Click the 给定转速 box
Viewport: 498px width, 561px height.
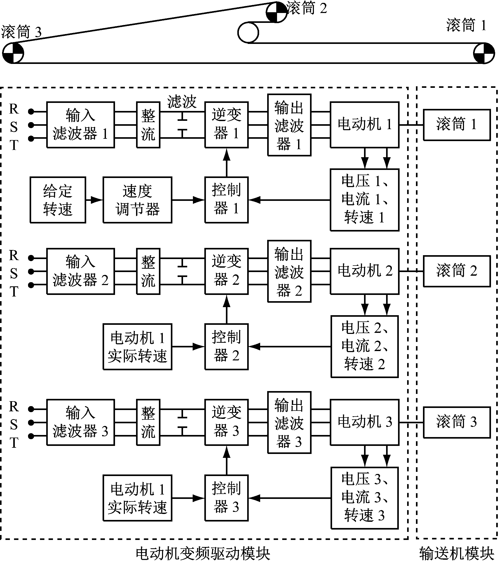(58, 200)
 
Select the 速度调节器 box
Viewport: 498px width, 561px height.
(137, 200)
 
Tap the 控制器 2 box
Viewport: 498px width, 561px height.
(226, 347)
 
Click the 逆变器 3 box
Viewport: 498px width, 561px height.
(226, 422)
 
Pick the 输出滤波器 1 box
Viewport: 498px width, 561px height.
(289, 125)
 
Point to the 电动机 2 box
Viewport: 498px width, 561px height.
(365, 271)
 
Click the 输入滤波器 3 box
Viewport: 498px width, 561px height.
(80, 422)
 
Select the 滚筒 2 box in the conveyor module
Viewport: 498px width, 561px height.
(457, 271)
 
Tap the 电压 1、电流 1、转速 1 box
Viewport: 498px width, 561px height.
(365, 200)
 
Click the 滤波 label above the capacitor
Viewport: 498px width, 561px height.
(182, 102)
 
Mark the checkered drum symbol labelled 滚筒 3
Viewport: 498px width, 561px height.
(13, 53)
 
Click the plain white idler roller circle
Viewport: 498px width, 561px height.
(248, 32)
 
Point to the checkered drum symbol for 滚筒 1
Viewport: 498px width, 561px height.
(484, 53)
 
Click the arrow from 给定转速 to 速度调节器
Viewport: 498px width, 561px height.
(94, 200)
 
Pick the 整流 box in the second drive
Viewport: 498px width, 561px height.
(148, 271)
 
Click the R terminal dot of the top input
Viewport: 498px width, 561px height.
(31, 111)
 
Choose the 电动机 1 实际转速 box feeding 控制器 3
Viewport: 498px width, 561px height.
(137, 498)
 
